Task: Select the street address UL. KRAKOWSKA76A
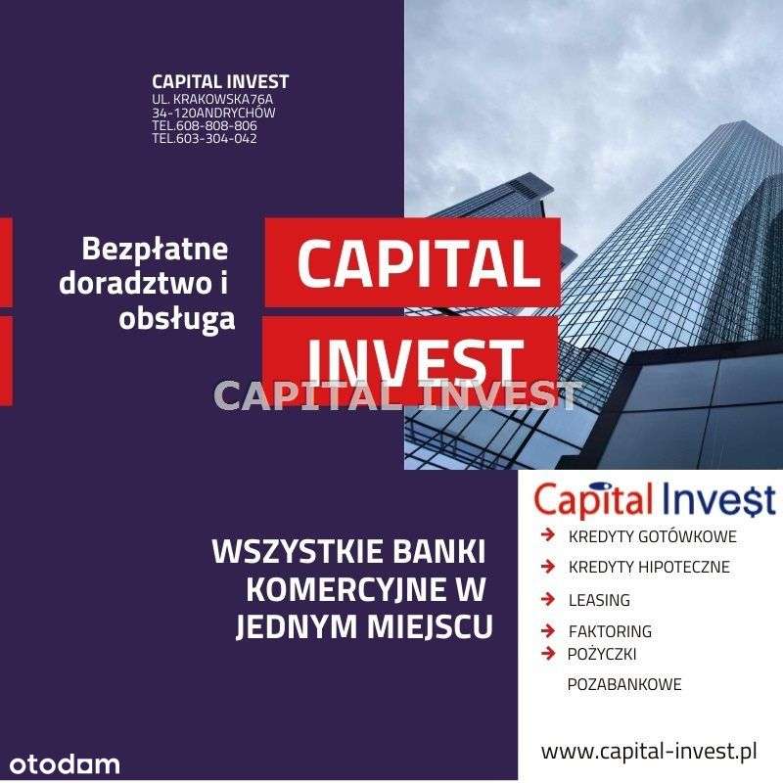(x=211, y=100)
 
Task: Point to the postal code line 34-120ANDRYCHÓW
(x=213, y=113)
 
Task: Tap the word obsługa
(x=177, y=317)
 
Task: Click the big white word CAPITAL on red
(x=417, y=262)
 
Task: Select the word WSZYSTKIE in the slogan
(x=289, y=552)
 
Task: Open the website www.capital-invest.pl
(x=649, y=752)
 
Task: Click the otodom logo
(x=66, y=763)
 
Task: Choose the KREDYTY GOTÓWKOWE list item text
(x=652, y=537)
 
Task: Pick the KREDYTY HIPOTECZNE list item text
(x=649, y=568)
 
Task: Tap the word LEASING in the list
(x=599, y=600)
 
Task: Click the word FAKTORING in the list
(x=610, y=632)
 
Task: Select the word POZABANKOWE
(x=624, y=685)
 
